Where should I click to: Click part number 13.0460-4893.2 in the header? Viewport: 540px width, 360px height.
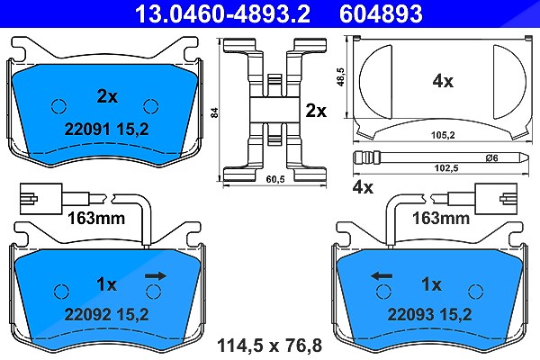222,13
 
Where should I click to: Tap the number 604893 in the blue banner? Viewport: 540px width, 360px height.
381,13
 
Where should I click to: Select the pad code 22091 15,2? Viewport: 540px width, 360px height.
107,130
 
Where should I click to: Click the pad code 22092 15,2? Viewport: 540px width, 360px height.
107,314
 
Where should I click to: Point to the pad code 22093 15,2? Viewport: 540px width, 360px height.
430,314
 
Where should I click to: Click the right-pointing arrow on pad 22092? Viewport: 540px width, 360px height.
156,276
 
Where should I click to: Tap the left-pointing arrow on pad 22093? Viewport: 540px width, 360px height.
382,276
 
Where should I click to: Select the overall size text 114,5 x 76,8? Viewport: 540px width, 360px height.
270,346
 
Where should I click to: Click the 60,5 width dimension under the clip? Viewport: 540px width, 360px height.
275,179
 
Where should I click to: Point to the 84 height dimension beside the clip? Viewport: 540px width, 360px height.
214,112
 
